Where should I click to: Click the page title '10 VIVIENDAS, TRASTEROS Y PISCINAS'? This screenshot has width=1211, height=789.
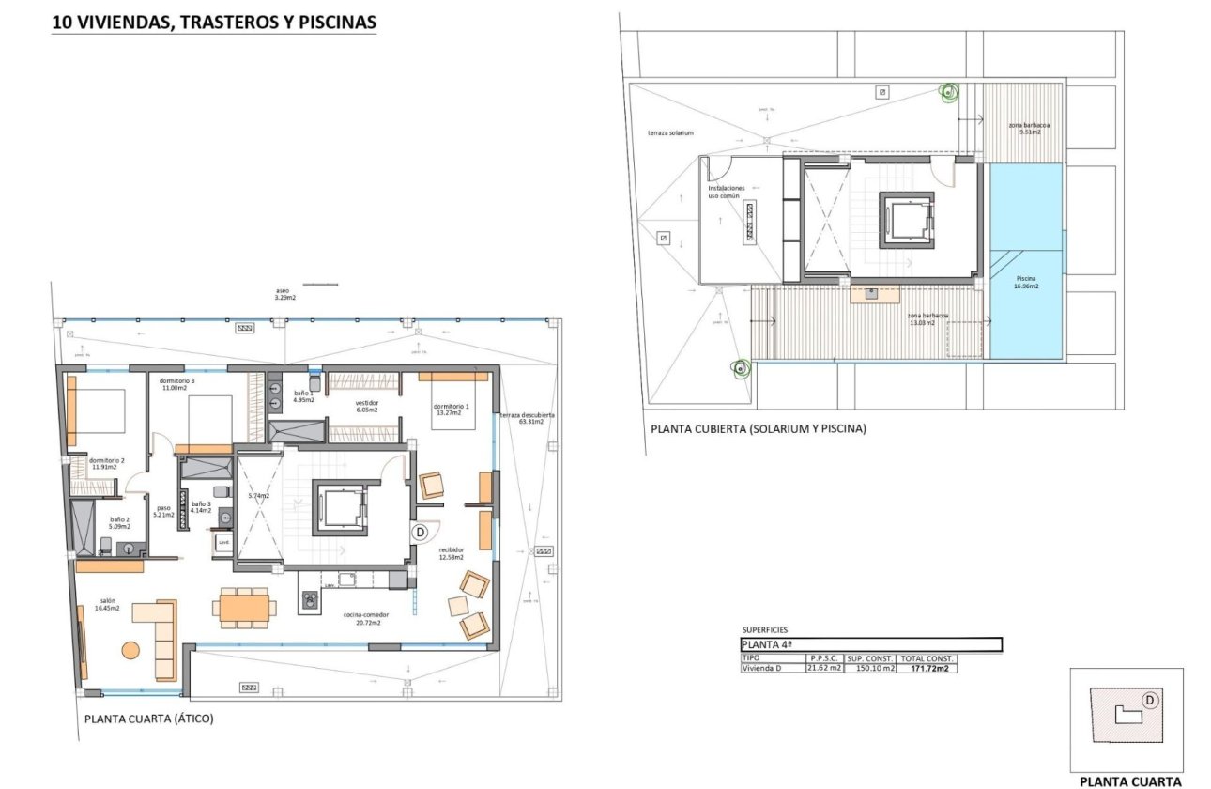pos(214,22)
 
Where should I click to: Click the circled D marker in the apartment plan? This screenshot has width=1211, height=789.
pos(420,532)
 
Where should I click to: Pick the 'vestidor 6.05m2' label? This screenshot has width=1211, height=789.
pos(366,407)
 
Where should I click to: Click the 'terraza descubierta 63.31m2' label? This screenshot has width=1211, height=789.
pos(528,418)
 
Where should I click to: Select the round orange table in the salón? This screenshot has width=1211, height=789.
pos(130,649)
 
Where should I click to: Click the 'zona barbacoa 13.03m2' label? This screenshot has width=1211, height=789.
pos(927,319)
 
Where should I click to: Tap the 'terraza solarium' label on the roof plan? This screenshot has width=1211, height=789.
pos(670,133)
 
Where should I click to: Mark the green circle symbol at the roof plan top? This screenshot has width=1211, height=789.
pos(948,92)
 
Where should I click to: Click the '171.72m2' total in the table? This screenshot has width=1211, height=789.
pos(927,669)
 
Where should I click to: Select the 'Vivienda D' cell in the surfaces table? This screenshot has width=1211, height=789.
pos(761,669)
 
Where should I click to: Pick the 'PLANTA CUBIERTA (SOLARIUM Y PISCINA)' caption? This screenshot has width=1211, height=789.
pos(759,429)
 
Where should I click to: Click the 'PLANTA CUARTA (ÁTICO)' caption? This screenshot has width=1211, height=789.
pos(149,719)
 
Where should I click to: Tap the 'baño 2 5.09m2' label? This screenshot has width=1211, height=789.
pos(118,522)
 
